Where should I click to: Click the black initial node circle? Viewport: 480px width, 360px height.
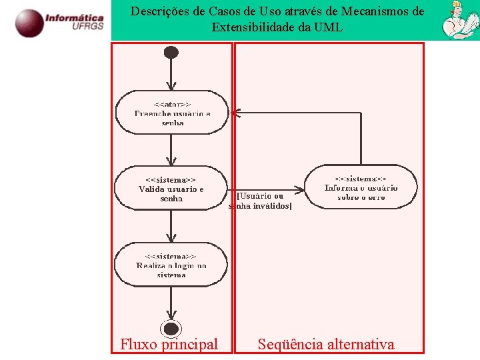tap(171, 52)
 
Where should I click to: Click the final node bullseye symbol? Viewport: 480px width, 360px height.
tap(171, 328)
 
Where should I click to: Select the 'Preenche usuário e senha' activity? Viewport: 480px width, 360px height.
tap(171, 113)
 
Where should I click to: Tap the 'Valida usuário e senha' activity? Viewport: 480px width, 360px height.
tap(171, 189)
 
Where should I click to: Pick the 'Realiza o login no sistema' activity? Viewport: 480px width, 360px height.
tap(171, 265)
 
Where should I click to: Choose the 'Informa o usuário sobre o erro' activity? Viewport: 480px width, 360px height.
tap(361, 187)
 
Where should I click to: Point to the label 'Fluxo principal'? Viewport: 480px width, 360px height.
tap(169, 344)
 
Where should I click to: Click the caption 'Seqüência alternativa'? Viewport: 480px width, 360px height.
tap(326, 344)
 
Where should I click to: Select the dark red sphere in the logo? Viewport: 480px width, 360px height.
tap(29, 23)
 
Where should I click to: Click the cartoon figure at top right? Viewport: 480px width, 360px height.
tap(459, 20)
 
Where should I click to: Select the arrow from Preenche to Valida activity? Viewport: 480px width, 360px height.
tap(171, 151)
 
